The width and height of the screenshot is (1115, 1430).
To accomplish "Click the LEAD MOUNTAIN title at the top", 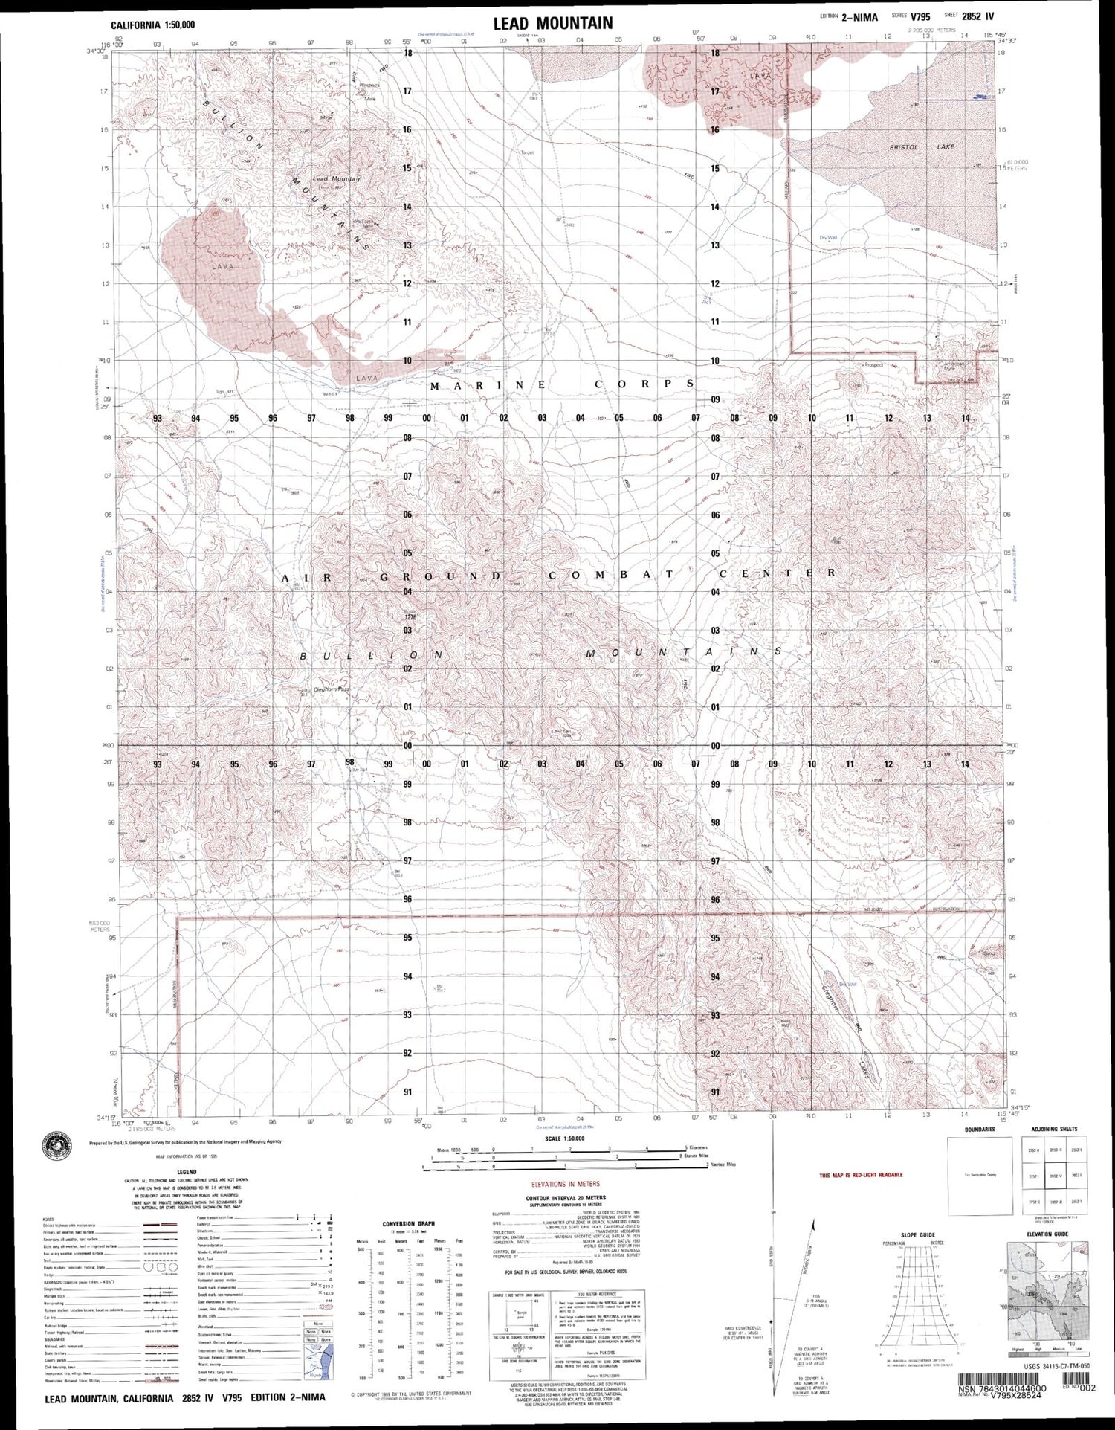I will [552, 23].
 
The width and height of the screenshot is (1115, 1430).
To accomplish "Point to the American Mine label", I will [953, 365].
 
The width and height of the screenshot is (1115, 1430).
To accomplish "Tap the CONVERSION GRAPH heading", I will [408, 1223].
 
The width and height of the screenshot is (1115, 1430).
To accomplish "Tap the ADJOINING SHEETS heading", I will [1049, 1130].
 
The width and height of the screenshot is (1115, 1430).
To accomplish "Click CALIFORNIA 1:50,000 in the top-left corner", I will [153, 25].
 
